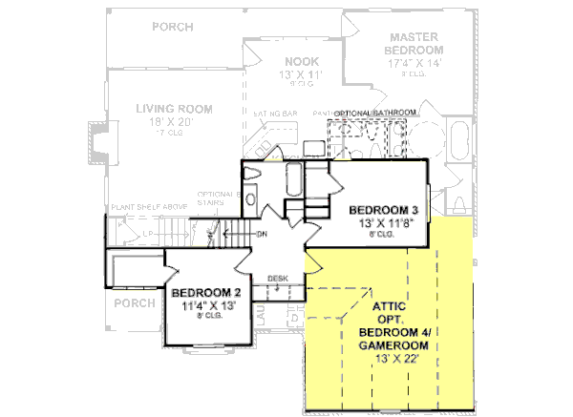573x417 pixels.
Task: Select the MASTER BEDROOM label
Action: (x=414, y=43)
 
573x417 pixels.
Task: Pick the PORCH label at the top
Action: (x=172, y=26)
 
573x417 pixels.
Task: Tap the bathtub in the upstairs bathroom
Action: (x=294, y=179)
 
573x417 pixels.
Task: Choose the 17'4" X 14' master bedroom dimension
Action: (x=414, y=61)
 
